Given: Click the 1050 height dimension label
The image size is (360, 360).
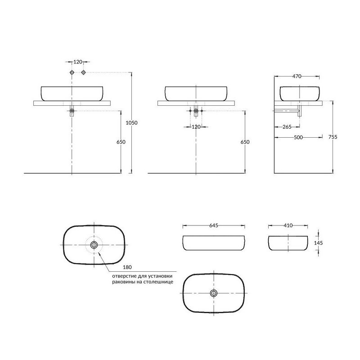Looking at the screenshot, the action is [x=131, y=123].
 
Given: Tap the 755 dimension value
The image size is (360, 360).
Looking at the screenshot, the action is [x=333, y=137].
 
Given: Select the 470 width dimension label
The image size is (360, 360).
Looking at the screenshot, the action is [x=297, y=76].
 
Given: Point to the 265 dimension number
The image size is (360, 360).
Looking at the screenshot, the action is [x=287, y=127].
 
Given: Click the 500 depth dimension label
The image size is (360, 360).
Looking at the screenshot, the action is [x=298, y=137].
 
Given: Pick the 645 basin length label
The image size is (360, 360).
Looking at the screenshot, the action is [x=213, y=225].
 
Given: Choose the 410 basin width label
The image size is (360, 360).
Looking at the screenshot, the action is [x=288, y=225].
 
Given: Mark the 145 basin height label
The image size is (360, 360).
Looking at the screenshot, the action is [x=319, y=243].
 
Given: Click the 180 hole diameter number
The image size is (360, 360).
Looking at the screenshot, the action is [x=127, y=267].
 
